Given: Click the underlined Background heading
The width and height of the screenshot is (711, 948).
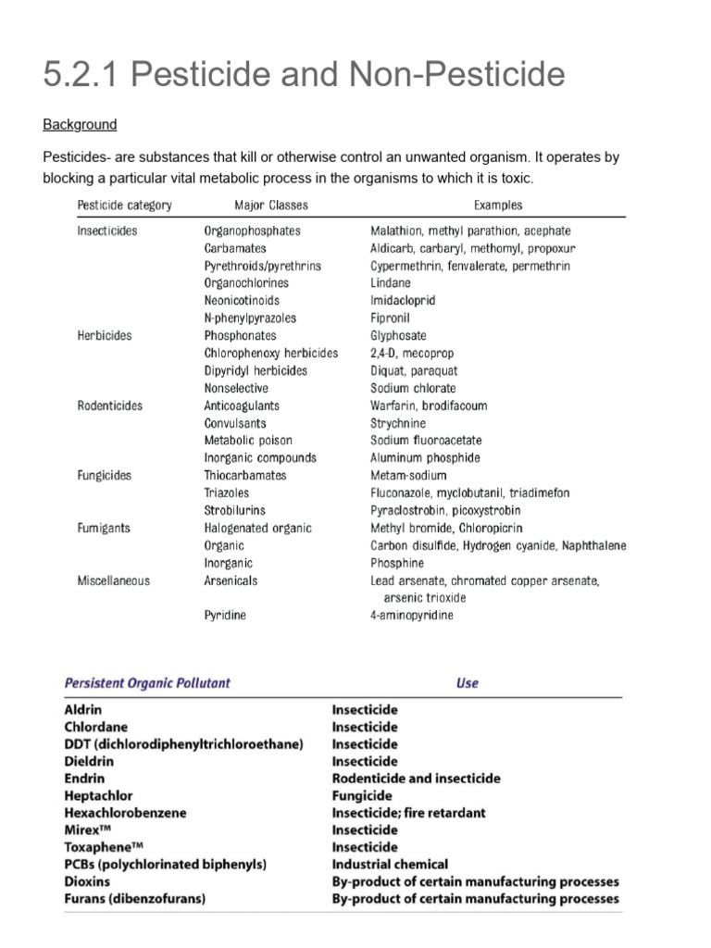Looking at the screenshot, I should pyautogui.click(x=80, y=124).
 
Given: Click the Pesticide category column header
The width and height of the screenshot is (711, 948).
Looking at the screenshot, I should pyautogui.click(x=124, y=205).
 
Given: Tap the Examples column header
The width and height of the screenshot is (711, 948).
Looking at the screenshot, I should pyautogui.click(x=498, y=205).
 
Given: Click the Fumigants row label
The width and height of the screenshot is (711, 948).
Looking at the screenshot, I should pyautogui.click(x=104, y=528).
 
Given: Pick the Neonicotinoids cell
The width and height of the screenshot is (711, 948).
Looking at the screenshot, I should pyautogui.click(x=242, y=301).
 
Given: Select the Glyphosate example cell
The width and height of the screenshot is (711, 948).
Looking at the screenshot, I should pyautogui.click(x=398, y=336).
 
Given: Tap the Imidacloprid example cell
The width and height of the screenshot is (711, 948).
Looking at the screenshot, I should pyautogui.click(x=403, y=301).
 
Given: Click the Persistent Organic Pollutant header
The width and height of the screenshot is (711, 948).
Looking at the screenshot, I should pyautogui.click(x=147, y=683).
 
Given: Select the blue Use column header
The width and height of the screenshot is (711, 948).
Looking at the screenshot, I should pyautogui.click(x=468, y=683).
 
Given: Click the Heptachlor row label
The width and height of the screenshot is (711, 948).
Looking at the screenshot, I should pyautogui.click(x=98, y=795).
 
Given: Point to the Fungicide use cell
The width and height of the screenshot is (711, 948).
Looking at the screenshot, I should pyautogui.click(x=362, y=795).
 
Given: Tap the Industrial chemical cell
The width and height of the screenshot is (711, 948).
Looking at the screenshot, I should pyautogui.click(x=390, y=864).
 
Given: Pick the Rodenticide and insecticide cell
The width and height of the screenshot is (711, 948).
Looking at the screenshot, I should pyautogui.click(x=416, y=779).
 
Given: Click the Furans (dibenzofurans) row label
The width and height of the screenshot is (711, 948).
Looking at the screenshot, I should pyautogui.click(x=135, y=898).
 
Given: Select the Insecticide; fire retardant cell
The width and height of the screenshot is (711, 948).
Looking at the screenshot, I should pyautogui.click(x=408, y=813).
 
